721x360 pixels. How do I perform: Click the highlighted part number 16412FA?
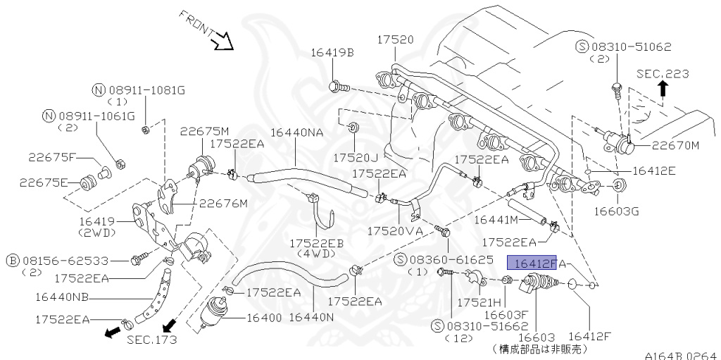[x=532, y=263]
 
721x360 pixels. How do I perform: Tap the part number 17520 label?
[x=395, y=39]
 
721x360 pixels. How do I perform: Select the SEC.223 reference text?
[x=663, y=73]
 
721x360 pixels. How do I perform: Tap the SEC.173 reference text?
[x=152, y=340]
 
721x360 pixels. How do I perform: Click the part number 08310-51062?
[x=631, y=46]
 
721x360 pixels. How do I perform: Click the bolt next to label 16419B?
[x=337, y=87]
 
